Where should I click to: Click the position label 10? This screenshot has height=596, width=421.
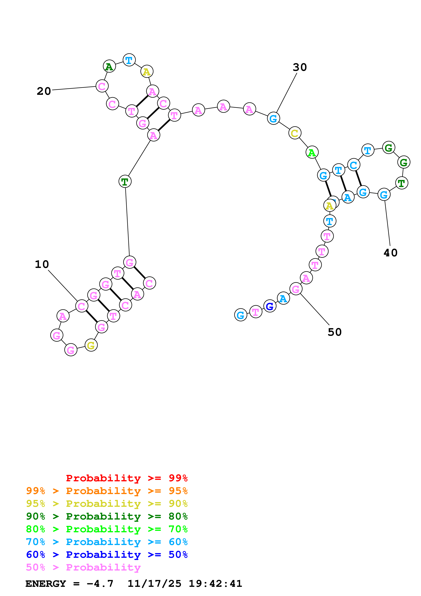tap(42, 264)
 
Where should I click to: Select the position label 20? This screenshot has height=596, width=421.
tap(44, 91)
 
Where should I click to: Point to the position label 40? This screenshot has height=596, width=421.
tap(390, 253)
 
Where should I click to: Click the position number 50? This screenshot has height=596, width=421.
tap(335, 332)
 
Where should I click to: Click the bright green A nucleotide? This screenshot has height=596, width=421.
tap(312, 152)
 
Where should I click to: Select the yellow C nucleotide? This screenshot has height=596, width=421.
tap(295, 133)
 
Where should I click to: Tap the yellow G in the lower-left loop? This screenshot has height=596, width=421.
tap(91, 345)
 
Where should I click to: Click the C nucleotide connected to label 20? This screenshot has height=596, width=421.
tap(102, 86)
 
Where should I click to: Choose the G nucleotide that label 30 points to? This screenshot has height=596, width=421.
tap(273, 119)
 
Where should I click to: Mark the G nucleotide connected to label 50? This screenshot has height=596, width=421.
tap(296, 289)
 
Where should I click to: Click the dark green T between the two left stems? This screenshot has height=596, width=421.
tap(125, 181)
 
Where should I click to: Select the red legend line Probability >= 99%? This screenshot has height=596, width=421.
tap(127, 478)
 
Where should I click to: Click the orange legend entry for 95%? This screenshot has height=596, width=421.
tap(107, 491)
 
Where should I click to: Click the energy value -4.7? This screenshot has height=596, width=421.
tap(100, 584)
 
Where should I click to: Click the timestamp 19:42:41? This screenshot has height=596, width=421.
tap(215, 584)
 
